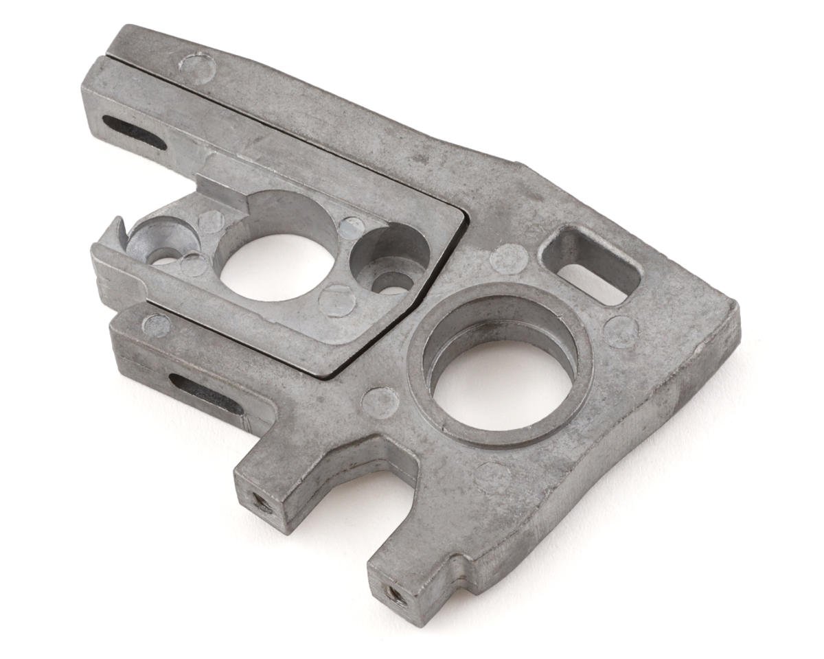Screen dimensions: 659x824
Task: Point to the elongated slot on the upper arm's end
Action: click(133, 131)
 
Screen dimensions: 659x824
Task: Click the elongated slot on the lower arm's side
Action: click(205, 394)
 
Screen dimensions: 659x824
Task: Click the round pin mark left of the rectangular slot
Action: click(509, 259)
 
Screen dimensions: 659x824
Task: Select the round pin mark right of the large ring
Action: click(621, 332)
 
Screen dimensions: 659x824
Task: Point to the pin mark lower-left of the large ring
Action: click(380, 402)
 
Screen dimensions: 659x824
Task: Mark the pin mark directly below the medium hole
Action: click(337, 300)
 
